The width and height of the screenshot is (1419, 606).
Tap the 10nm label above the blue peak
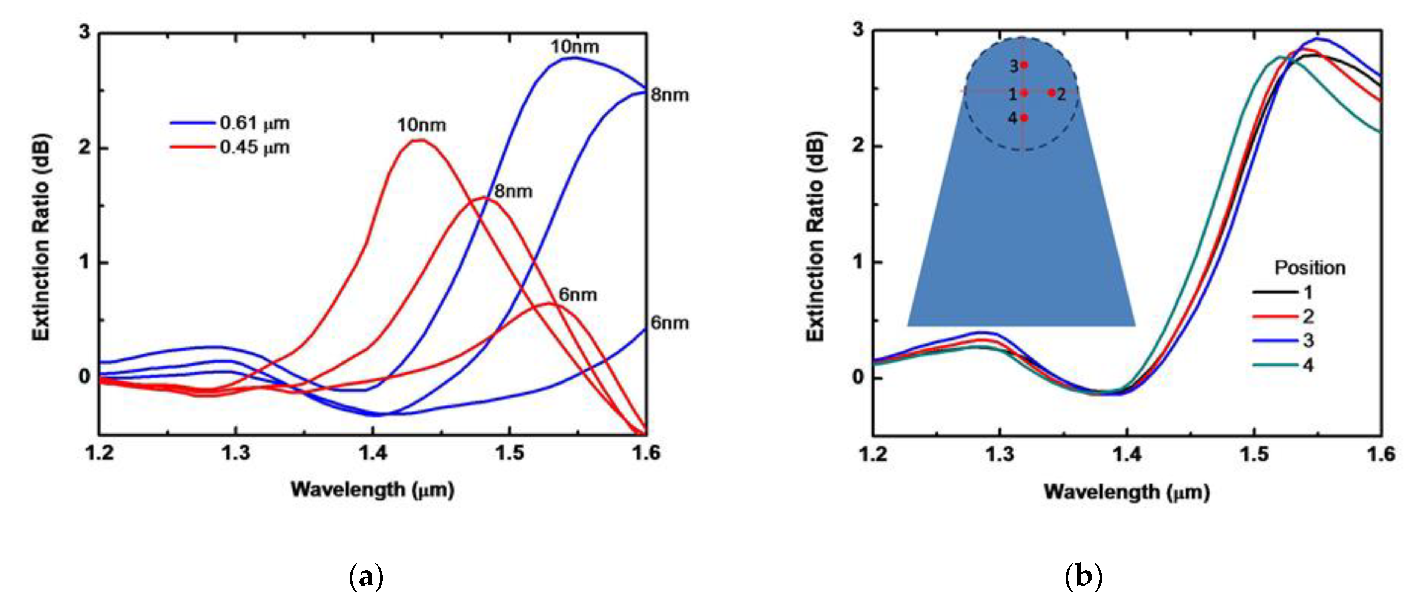(574, 47)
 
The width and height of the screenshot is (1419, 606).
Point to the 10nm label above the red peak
(421, 125)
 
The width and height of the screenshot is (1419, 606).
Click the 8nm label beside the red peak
(513, 191)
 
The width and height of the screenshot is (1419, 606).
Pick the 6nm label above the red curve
(577, 295)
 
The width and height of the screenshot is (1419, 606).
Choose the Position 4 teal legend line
(1275, 365)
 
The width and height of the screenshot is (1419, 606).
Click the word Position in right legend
(1310, 268)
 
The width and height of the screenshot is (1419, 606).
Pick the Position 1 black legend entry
(1284, 292)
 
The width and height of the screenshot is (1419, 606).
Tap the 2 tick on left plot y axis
(84, 148)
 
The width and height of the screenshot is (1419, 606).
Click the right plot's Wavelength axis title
(1127, 491)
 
